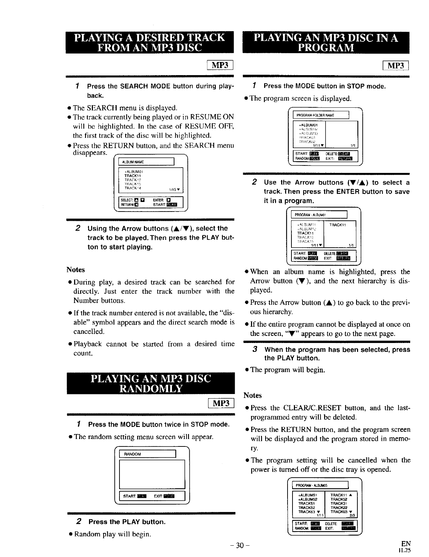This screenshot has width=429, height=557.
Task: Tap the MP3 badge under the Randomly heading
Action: point(221,403)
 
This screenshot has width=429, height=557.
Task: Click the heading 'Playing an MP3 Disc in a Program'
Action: point(326,42)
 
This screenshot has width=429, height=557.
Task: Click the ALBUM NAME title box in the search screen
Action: point(146,162)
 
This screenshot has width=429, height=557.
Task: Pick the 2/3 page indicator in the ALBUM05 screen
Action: point(352,516)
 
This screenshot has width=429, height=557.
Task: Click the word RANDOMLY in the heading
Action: point(151,389)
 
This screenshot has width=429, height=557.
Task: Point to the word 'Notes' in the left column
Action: point(76,270)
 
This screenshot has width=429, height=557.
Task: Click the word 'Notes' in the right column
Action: point(252,395)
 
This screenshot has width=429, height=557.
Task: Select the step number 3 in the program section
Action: point(255,349)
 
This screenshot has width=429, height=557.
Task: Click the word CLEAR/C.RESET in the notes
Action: point(313,408)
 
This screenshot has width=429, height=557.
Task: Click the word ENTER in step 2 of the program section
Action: point(348,192)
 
